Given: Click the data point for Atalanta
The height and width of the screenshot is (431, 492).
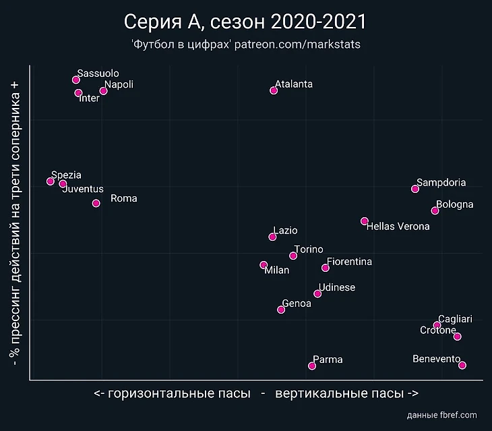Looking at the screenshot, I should pos(274,90).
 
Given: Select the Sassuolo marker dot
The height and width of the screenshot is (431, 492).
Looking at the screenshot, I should pos(76,80).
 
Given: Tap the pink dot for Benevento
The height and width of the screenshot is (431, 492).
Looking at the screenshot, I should pos(462,366).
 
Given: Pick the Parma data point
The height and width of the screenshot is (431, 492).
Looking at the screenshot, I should pos(312,366).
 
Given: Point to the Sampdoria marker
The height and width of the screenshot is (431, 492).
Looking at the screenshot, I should pos(415,189).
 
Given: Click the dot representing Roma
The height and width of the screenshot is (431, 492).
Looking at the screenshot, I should pos(96,203).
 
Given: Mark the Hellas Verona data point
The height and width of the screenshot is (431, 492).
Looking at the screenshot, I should pos(365,221).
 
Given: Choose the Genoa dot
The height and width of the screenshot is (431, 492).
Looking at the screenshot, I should pos(281,310).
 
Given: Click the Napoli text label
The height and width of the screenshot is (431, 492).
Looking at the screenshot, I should pos(119,84).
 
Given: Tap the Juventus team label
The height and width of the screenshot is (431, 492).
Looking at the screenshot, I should pos(83,189).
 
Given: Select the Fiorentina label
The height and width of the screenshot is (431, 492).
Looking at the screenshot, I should pos(349,262).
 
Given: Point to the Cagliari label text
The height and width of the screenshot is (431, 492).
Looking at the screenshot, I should pos(456,319).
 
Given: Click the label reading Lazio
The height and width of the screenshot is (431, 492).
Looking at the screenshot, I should pos(285,231).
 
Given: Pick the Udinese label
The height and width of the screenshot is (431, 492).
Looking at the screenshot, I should pos(337,287).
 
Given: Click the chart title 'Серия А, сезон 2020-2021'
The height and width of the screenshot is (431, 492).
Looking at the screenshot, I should pos(245,22).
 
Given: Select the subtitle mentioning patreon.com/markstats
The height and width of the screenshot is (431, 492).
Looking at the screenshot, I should pos(245,45).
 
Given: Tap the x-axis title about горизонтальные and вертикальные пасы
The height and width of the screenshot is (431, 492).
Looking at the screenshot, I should pos(256,393).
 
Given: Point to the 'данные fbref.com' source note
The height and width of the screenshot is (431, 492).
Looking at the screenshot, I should pos(442,415).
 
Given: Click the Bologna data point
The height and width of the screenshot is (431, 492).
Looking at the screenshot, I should pos(435,211).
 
